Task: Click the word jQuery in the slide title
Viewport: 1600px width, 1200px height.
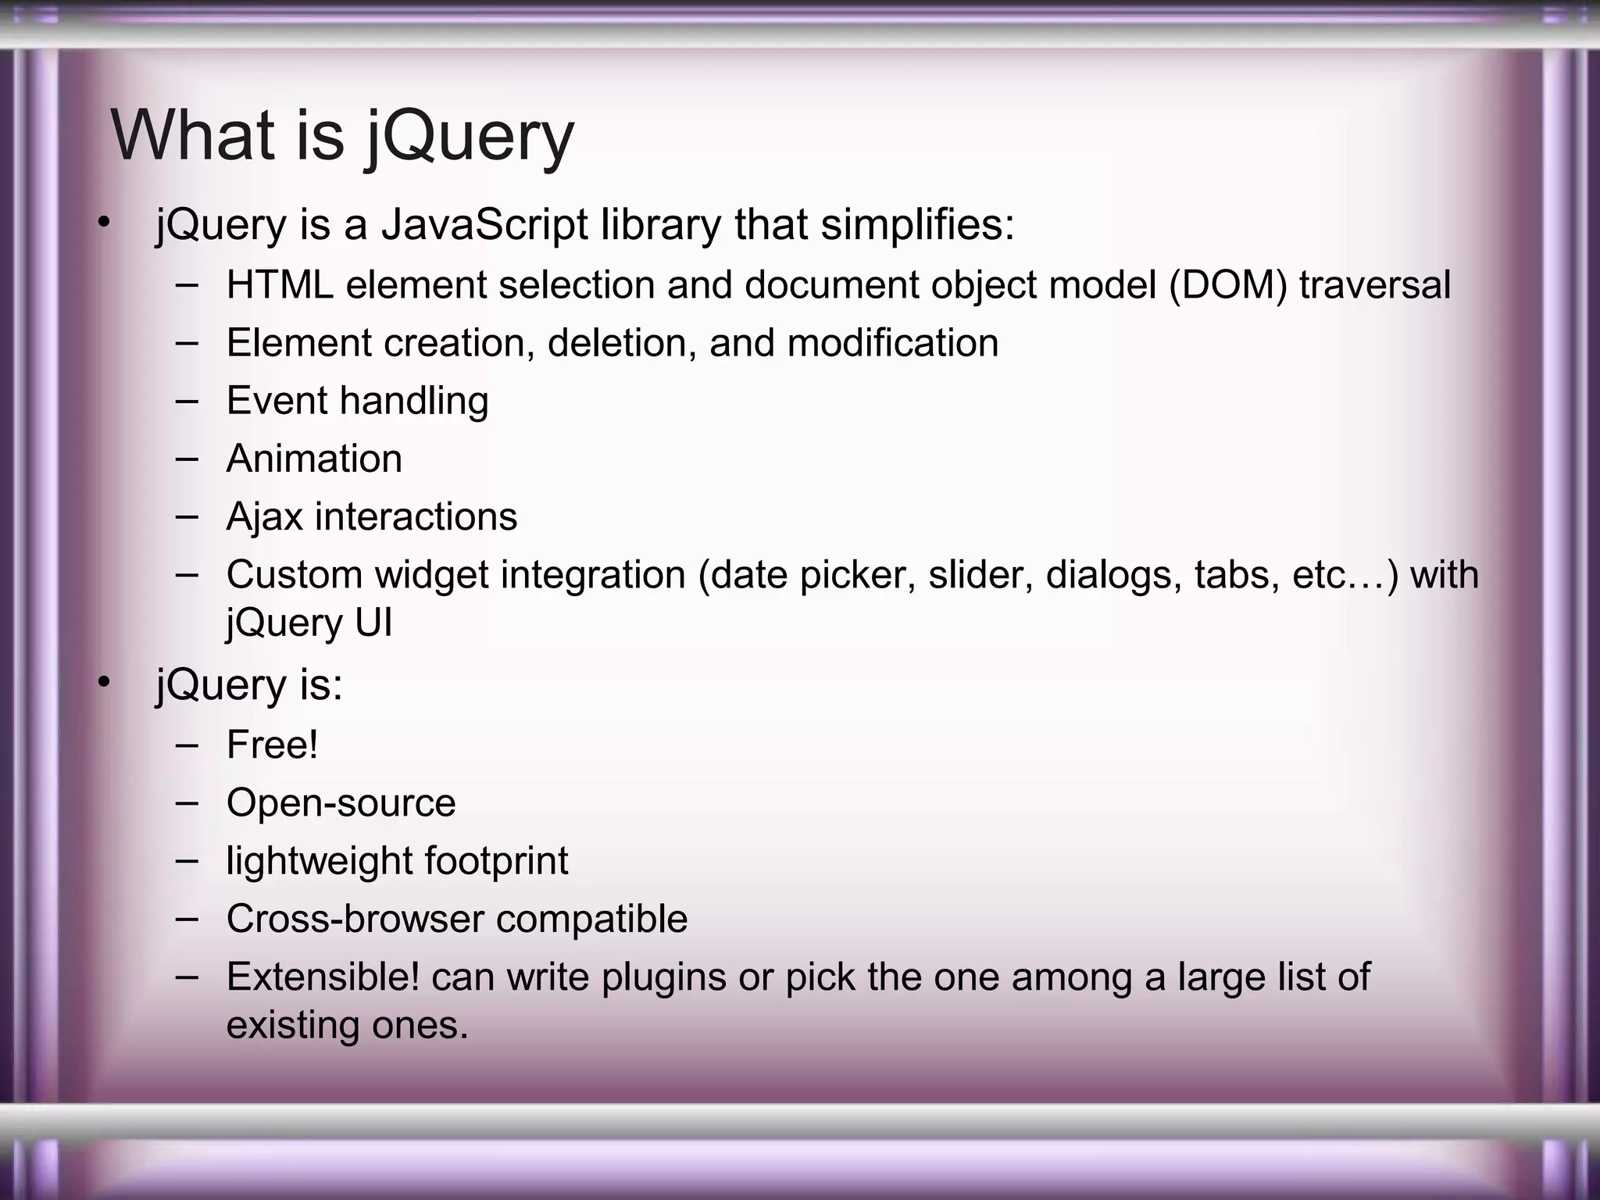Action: coord(470,137)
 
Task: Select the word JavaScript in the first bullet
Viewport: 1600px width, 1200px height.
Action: coord(484,225)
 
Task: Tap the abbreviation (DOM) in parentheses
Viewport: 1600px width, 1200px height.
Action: coord(1227,284)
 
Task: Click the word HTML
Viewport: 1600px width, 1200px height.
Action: coord(280,284)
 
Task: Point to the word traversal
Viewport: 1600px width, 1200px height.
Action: coord(1374,284)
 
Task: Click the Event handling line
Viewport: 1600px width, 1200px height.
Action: coord(357,401)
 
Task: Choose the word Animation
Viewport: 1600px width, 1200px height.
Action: coord(314,459)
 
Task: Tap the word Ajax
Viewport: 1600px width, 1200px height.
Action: coord(263,517)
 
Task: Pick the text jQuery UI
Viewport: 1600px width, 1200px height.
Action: coord(309,623)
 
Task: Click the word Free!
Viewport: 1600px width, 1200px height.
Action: coord(272,745)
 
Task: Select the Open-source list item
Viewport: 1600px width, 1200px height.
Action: coord(341,803)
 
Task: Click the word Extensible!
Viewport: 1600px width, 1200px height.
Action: coord(323,977)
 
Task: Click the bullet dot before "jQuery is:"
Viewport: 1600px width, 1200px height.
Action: coord(104,684)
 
